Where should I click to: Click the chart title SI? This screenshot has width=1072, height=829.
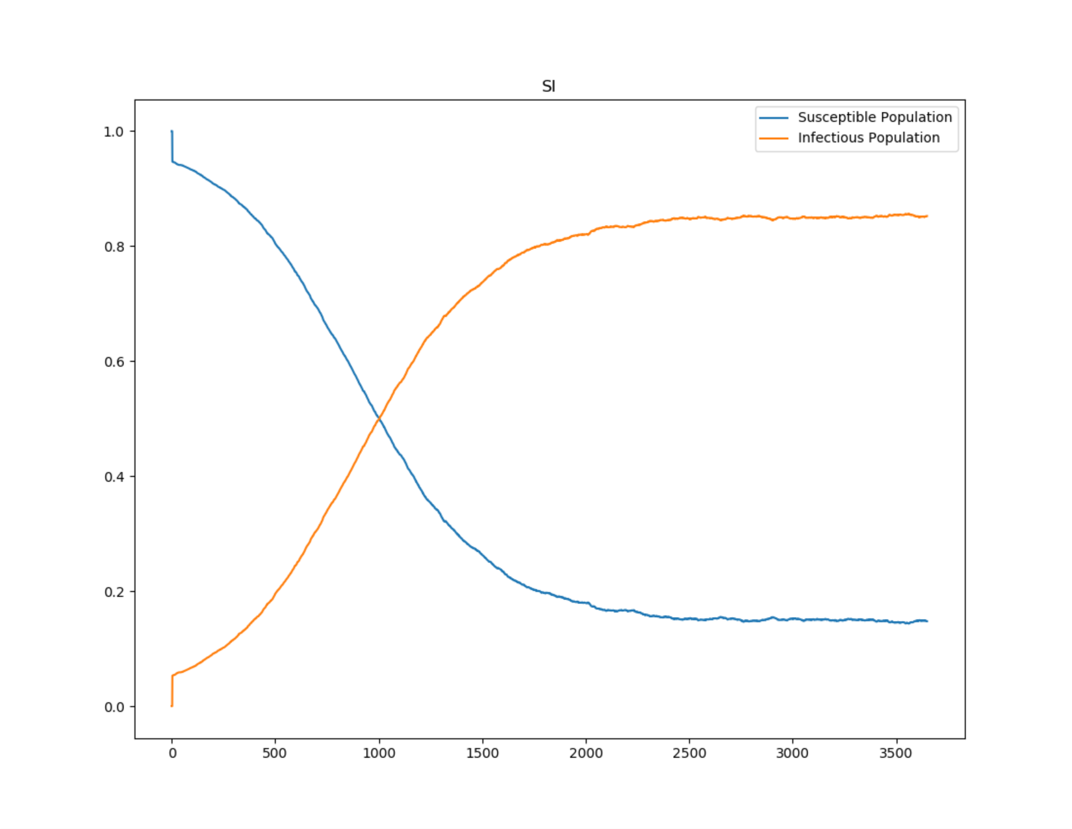(548, 86)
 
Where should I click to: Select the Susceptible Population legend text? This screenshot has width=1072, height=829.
(874, 117)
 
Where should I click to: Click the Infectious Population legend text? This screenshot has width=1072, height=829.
(869, 138)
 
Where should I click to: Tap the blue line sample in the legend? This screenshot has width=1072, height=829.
(774, 118)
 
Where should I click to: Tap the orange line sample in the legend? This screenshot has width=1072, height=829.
(774, 138)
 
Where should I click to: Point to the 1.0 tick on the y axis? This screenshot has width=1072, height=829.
(114, 132)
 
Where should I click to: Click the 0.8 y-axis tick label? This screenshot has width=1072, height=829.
(114, 247)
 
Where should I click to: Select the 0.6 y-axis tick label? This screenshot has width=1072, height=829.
(114, 362)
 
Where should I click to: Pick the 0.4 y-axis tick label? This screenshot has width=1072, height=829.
(114, 477)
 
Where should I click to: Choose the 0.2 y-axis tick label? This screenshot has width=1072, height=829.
(114, 592)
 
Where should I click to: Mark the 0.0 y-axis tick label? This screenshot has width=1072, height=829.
(114, 707)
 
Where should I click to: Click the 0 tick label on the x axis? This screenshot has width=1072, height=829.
(172, 754)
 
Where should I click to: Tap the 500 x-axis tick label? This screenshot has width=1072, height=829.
(275, 754)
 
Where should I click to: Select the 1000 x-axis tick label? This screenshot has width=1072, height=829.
(379, 754)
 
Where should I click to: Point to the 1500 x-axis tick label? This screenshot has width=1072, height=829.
(482, 754)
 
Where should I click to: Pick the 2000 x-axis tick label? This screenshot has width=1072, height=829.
(586, 754)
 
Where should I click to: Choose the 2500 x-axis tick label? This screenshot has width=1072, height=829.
(689, 754)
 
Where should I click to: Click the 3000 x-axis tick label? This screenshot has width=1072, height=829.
(793, 754)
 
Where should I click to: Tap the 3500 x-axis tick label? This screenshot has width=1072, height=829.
(896, 754)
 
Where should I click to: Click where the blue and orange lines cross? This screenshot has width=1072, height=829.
(378, 419)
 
